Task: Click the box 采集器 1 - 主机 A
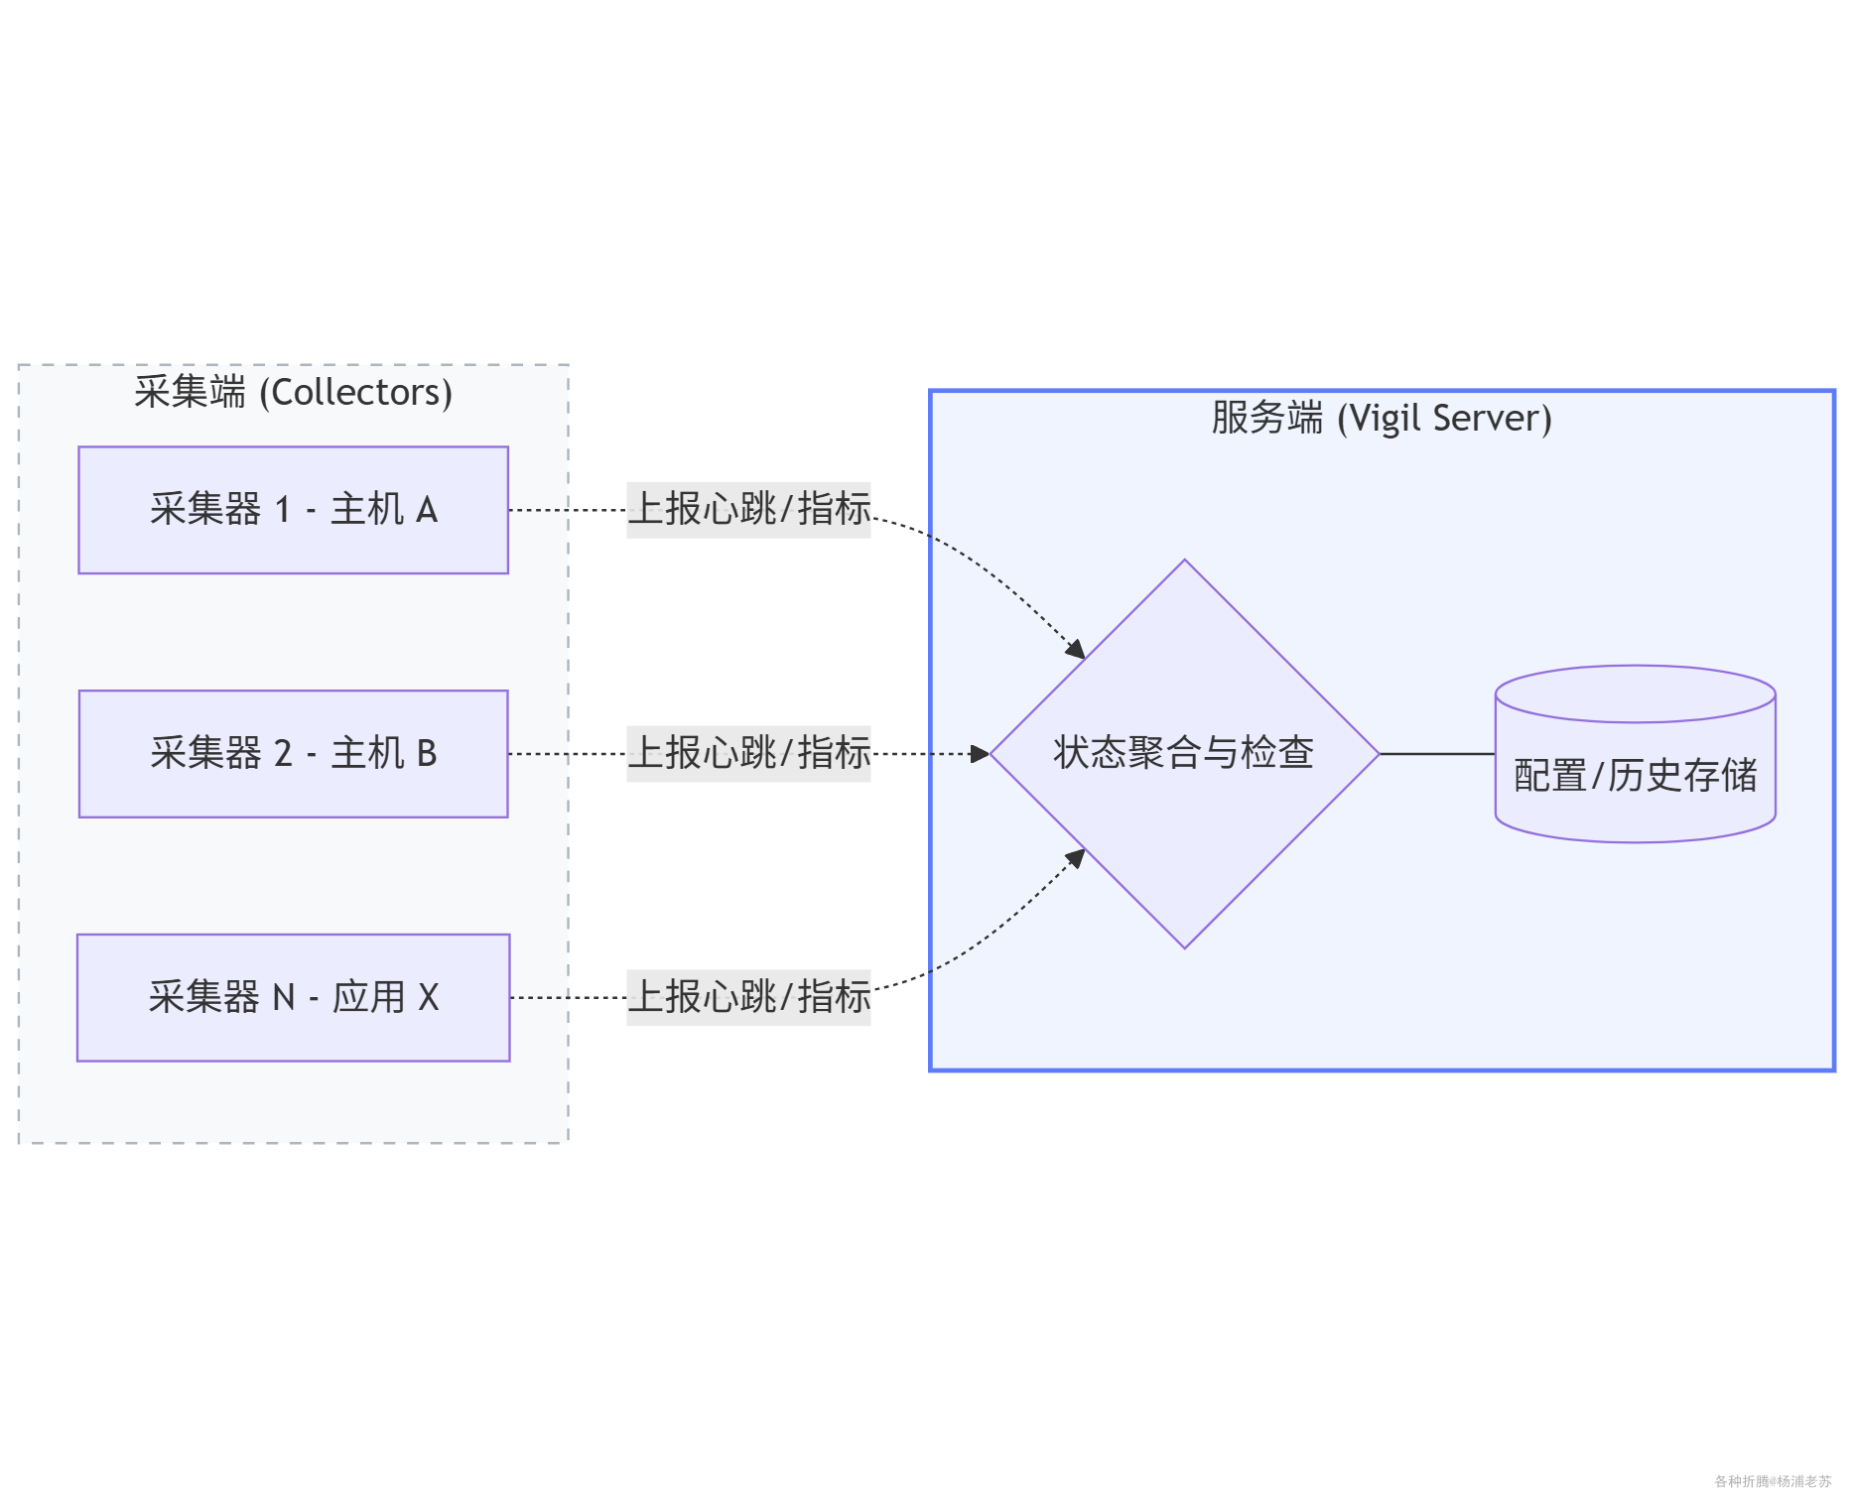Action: pos(293,510)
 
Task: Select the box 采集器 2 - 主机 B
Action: pos(293,754)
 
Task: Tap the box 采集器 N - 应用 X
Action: pos(293,997)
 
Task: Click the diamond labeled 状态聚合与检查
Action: pos(1184,753)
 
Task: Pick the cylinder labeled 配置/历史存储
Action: pos(1635,775)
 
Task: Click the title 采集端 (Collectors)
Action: pos(293,392)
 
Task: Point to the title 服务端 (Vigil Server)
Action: pos(1381,418)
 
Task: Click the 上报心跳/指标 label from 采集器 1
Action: pos(748,509)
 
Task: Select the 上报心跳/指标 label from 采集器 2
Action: pos(748,753)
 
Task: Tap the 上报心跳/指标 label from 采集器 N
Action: pos(748,997)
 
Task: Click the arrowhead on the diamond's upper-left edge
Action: pos(1076,650)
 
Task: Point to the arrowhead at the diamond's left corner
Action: pos(981,754)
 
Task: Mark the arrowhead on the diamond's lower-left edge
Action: pos(1076,857)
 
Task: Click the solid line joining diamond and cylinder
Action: pos(1436,754)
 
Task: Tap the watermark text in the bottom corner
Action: pos(1773,1481)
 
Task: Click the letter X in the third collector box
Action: pos(428,997)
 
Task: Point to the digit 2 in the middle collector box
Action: pos(283,754)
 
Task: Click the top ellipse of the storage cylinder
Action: pos(1635,693)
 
